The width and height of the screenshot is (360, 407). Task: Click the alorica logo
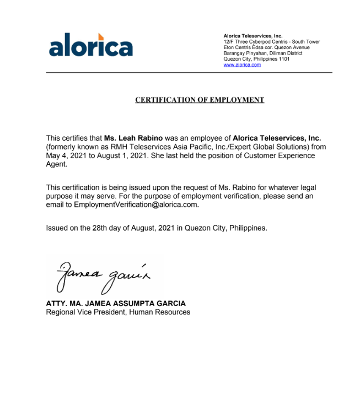91,46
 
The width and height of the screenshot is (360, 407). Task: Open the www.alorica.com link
242,65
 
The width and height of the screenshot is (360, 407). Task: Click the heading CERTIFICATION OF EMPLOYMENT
200,100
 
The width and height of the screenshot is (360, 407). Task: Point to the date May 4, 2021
65,156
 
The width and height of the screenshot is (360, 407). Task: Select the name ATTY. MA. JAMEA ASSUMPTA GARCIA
116,303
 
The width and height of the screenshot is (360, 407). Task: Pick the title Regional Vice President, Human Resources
118,312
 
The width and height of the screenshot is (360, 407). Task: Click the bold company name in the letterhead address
252,36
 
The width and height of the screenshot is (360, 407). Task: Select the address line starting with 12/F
271,42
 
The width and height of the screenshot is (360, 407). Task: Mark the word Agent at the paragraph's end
56,164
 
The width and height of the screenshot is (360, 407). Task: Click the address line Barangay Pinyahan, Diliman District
262,53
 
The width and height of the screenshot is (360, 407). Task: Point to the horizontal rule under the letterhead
189,73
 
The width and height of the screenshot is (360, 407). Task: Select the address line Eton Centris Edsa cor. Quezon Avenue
266,47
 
